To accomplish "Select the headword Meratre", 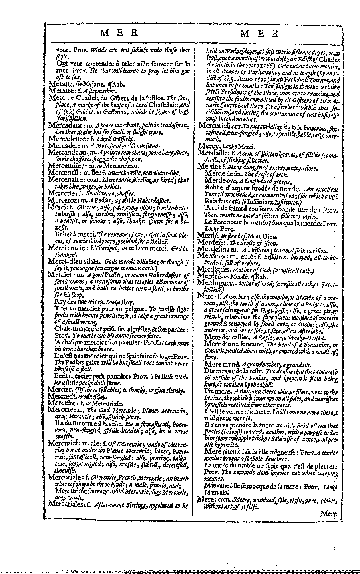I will click(61, 91).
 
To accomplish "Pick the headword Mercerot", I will click(63, 199).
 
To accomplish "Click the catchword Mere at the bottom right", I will click(329, 514).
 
